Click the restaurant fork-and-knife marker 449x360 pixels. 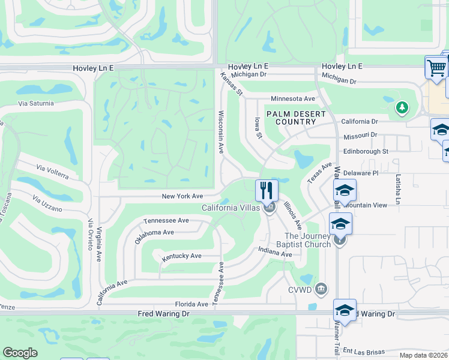267,190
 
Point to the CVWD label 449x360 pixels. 301,290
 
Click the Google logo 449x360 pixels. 20,353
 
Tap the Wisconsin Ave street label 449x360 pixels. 221,131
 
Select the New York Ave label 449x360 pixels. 182,196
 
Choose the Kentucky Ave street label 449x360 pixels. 181,256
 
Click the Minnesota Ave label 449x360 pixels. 293,98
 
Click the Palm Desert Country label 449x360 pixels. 296,118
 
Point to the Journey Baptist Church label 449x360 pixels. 307,240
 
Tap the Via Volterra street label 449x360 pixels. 52,172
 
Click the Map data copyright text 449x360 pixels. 423,355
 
